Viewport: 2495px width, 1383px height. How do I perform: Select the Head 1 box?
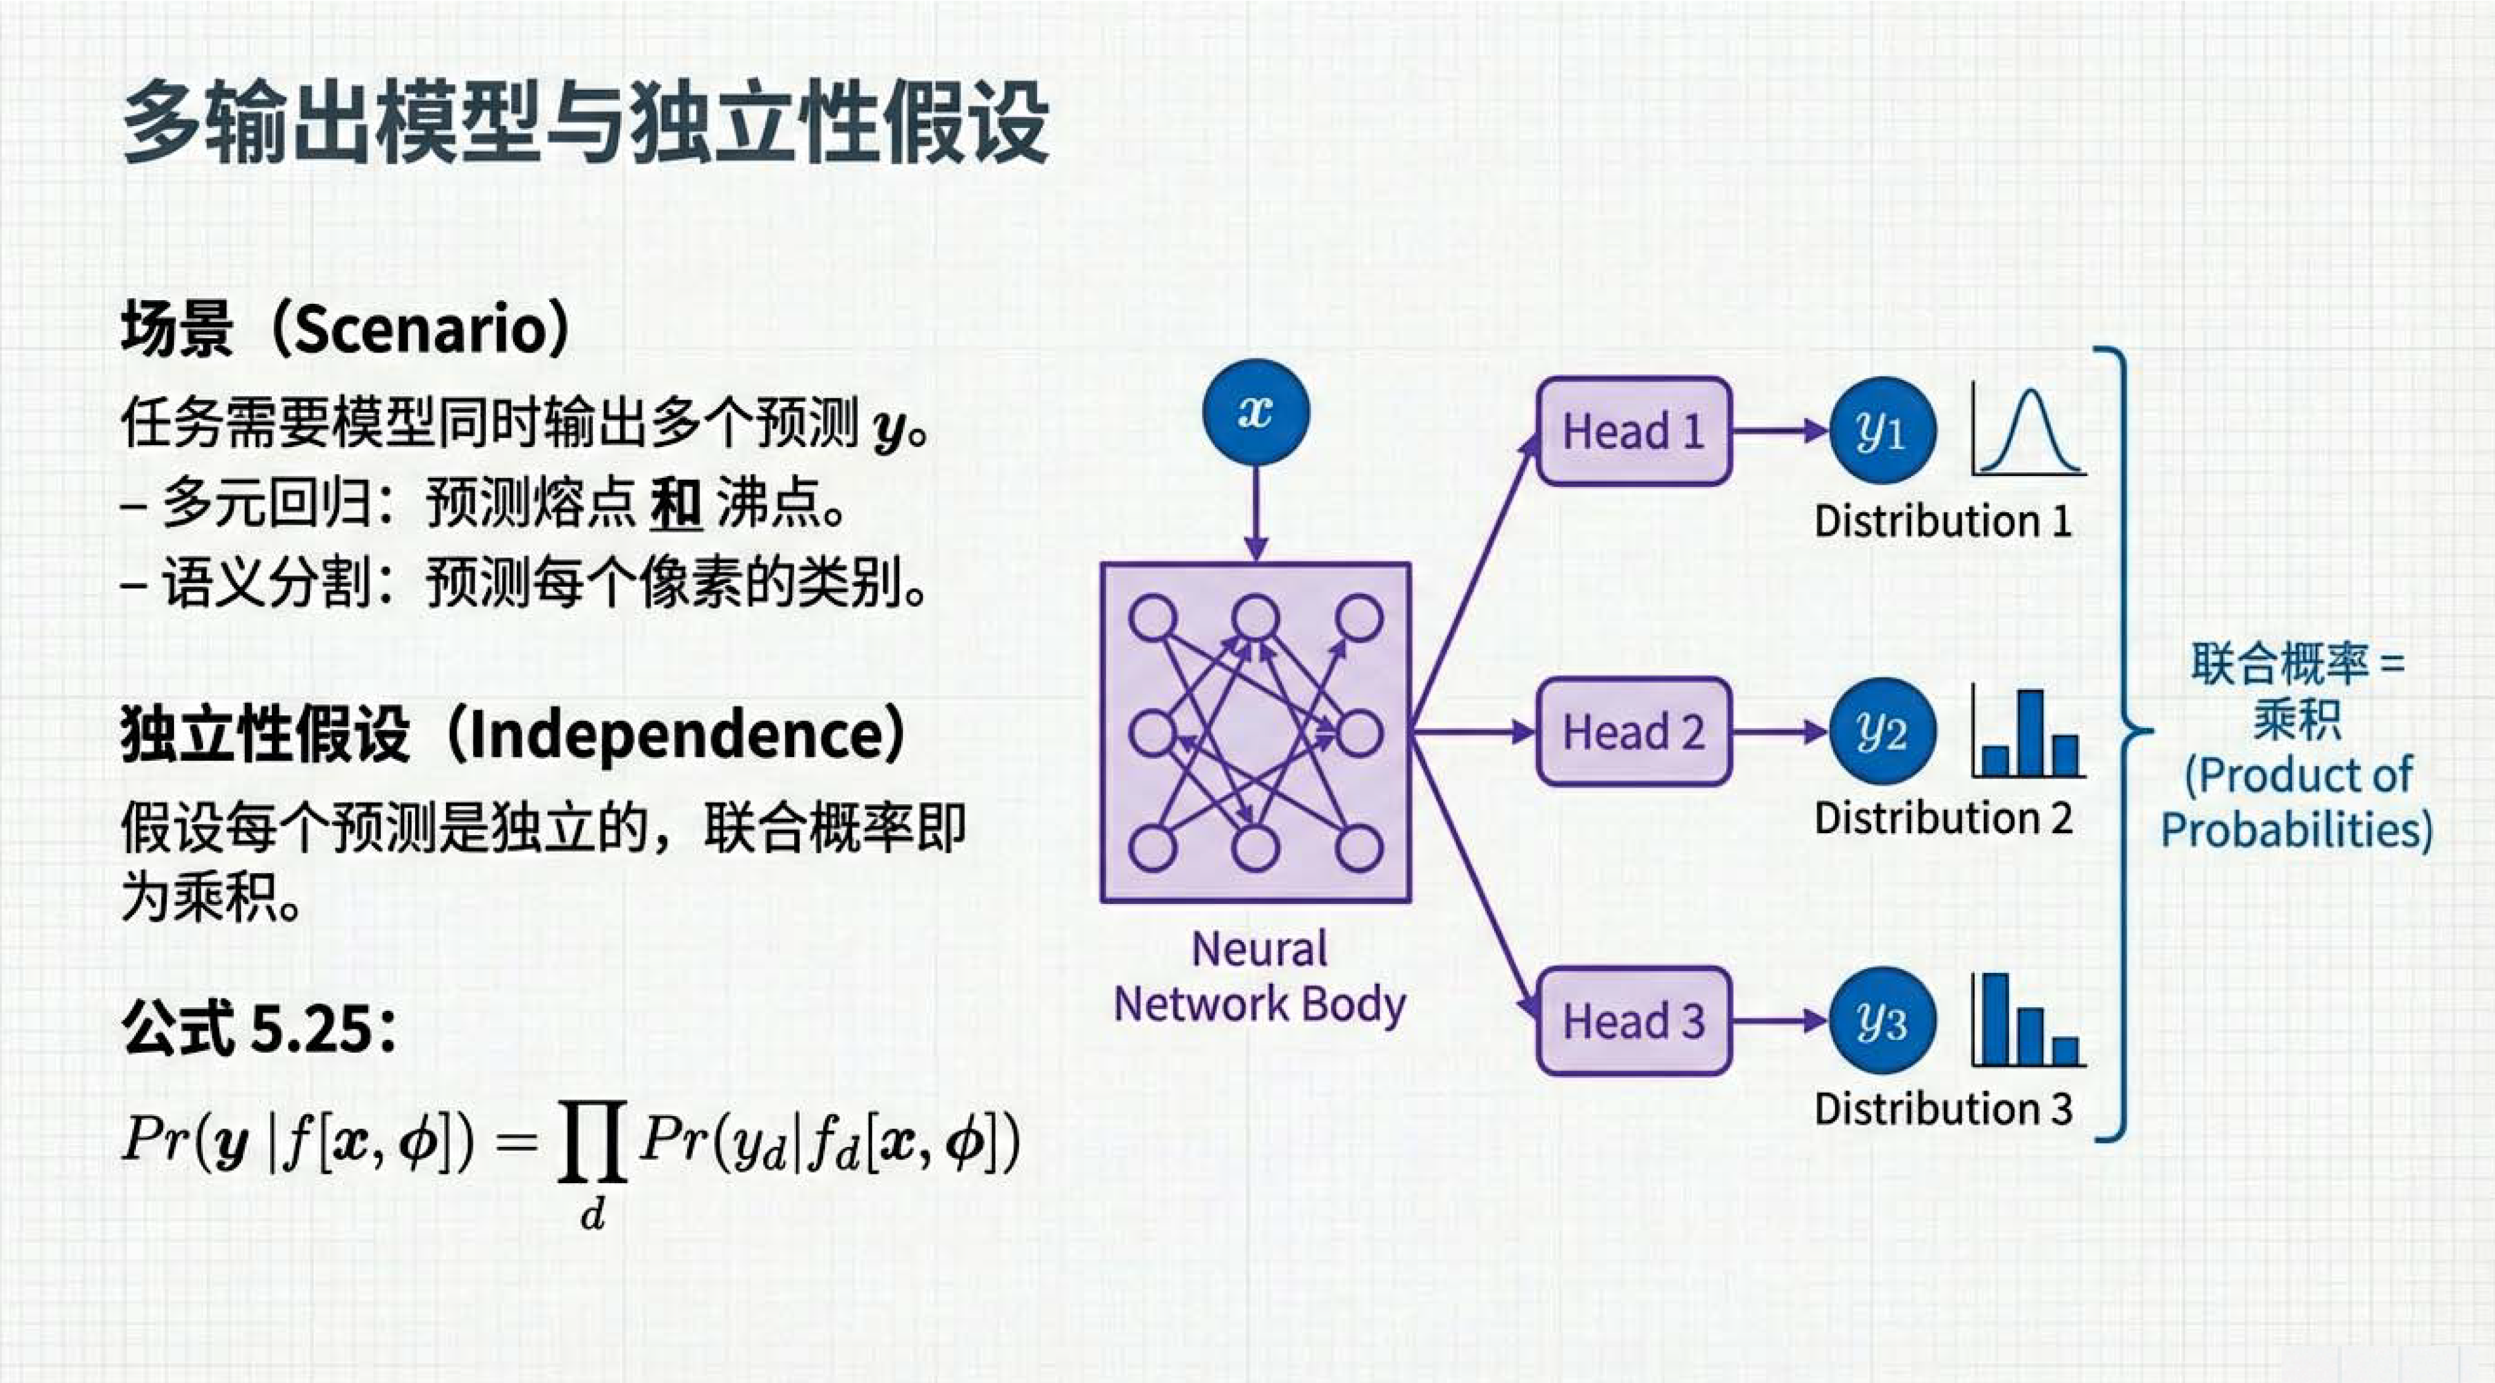(1633, 431)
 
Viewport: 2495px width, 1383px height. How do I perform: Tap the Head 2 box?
(1633, 731)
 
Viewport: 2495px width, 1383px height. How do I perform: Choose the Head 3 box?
(1633, 1021)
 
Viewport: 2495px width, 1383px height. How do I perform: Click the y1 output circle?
(1882, 431)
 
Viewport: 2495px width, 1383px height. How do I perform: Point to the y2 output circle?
(1882, 731)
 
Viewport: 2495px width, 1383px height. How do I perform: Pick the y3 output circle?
(1882, 1021)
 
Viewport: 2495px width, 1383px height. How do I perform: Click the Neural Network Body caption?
(1259, 977)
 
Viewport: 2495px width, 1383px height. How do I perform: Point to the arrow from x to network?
(1255, 513)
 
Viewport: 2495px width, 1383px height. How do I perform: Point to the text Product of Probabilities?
(2296, 802)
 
